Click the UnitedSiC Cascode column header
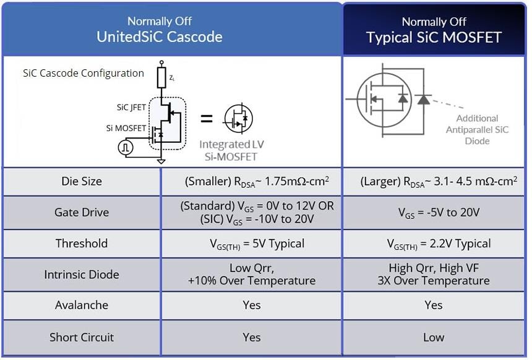(159, 29)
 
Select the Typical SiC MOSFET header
(434, 30)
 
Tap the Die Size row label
(82, 182)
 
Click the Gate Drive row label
(82, 212)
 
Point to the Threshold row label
(82, 243)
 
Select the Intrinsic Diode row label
(82, 274)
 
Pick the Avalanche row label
(82, 305)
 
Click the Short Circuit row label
(82, 337)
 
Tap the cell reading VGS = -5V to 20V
(434, 212)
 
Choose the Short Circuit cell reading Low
(434, 337)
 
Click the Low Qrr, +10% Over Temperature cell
(252, 274)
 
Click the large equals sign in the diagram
(207, 119)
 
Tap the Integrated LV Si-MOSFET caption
(232, 150)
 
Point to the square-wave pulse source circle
(126, 148)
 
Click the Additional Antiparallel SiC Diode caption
(477, 129)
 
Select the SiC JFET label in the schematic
(131, 107)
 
